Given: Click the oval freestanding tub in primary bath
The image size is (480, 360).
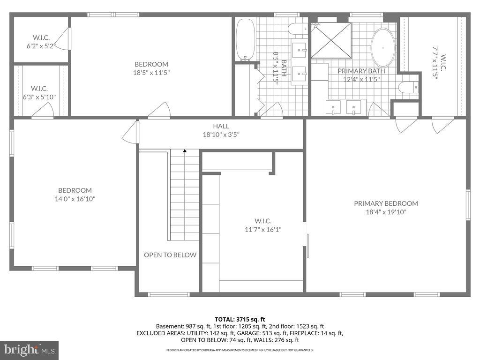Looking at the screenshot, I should click(x=383, y=48).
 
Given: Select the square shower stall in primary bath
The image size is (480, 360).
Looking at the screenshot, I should click(x=331, y=40).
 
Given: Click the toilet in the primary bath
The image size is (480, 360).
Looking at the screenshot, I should click(x=408, y=87).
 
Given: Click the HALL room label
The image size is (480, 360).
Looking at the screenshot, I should click(x=221, y=126).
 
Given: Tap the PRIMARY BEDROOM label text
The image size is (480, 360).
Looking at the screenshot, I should click(x=386, y=203).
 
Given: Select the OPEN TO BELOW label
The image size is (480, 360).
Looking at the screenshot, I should click(x=170, y=255).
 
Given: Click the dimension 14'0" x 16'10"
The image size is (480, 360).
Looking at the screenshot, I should click(x=75, y=199).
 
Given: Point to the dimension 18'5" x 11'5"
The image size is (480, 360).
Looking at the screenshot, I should click(x=151, y=73).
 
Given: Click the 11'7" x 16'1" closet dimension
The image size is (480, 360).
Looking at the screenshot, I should click(x=262, y=229).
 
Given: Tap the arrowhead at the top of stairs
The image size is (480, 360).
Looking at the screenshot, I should click(x=185, y=151).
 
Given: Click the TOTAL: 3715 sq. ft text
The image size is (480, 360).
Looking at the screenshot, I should click(x=240, y=318).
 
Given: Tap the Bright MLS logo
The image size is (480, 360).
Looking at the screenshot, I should click(x=29, y=350).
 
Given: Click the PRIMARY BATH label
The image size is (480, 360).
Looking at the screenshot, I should click(x=361, y=71).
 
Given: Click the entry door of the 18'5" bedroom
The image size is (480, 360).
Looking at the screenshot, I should click(x=159, y=111).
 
